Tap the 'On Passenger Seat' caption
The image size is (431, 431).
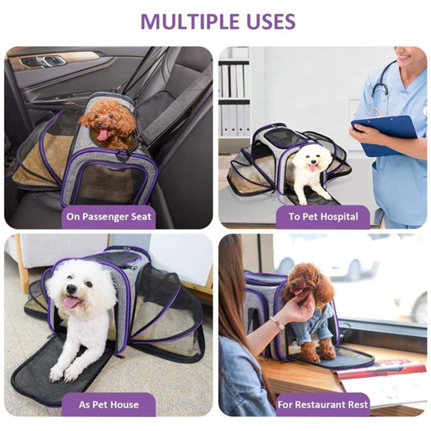click(x=109, y=217)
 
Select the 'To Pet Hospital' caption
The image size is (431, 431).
click(x=323, y=217)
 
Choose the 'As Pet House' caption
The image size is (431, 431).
click(x=109, y=405)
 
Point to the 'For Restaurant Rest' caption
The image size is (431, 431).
click(x=323, y=405)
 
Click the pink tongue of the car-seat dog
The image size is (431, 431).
click(x=102, y=135)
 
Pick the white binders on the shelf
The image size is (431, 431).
click(x=234, y=100)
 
